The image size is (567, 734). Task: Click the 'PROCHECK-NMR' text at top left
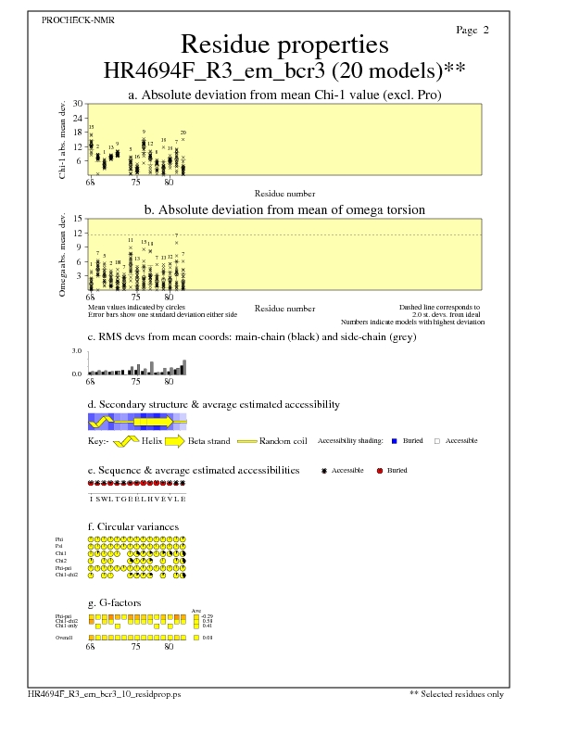click(x=79, y=20)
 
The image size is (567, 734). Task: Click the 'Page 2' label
click(x=472, y=31)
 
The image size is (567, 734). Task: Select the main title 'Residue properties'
click(x=284, y=44)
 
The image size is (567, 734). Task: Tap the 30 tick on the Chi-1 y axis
click(x=80, y=104)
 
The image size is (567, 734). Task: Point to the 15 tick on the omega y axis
click(x=80, y=220)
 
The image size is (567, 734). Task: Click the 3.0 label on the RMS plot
click(x=78, y=352)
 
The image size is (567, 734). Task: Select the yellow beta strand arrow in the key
click(x=174, y=440)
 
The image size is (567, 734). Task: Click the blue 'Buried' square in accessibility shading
click(x=394, y=440)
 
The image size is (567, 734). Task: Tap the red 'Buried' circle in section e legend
click(x=379, y=471)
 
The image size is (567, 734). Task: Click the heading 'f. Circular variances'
click(x=132, y=526)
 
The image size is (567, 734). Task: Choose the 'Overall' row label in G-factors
click(x=64, y=638)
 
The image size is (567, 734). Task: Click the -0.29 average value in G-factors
click(x=208, y=615)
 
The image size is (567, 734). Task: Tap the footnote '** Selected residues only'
click(x=457, y=693)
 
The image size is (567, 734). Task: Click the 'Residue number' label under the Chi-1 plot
click(x=284, y=194)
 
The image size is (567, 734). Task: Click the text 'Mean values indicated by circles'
click(x=131, y=306)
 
